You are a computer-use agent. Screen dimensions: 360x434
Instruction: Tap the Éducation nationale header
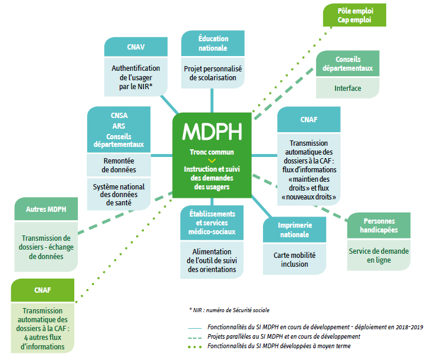(x=213, y=43)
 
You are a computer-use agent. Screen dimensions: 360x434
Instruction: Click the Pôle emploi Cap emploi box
(x=354, y=15)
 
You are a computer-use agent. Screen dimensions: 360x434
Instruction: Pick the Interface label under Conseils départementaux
(x=348, y=89)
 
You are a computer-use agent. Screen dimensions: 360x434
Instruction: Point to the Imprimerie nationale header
(x=294, y=230)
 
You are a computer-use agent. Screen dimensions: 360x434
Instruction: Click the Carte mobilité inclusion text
(x=294, y=260)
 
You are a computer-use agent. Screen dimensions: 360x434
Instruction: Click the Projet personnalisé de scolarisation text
(x=213, y=73)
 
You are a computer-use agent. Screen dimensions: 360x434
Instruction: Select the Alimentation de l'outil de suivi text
(x=213, y=260)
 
